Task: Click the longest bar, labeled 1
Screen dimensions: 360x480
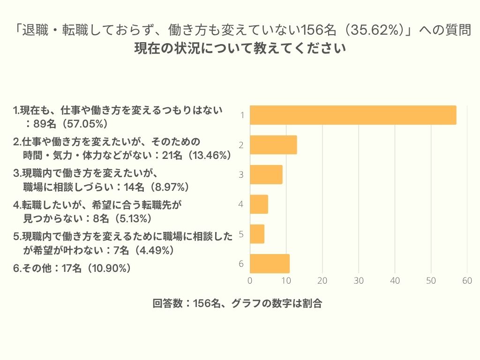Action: pyautogui.click(x=352, y=115)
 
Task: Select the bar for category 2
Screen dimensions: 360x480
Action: pyautogui.click(x=273, y=145)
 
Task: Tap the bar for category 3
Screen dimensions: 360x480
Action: pyautogui.click(x=266, y=174)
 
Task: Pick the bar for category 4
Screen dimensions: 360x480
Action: pyautogui.click(x=259, y=204)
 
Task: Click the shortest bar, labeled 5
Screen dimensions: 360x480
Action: pyautogui.click(x=257, y=233)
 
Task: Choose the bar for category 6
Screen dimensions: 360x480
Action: pyautogui.click(x=270, y=263)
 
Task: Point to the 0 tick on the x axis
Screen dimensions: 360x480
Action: pyautogui.click(x=250, y=281)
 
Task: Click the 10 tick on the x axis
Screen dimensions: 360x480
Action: pyautogui.click(x=286, y=281)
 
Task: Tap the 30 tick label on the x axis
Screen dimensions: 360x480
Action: pyautogui.click(x=359, y=281)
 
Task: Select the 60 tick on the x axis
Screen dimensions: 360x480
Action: pyautogui.click(x=467, y=281)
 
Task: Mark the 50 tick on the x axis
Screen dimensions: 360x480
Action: pyautogui.click(x=431, y=281)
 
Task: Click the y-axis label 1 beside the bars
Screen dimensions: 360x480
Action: pyautogui.click(x=241, y=115)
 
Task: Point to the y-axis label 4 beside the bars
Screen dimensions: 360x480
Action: pyautogui.click(x=241, y=204)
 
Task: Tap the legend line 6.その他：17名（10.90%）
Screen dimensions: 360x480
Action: pyautogui.click(x=71, y=269)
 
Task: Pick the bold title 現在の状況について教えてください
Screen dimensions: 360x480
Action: pyautogui.click(x=240, y=48)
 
